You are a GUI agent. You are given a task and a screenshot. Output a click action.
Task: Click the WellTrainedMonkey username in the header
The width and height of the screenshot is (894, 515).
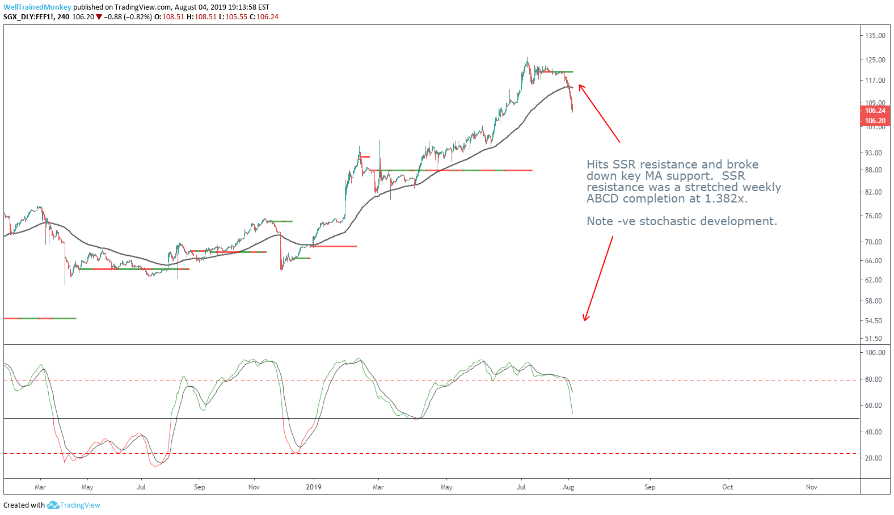[x=37, y=7]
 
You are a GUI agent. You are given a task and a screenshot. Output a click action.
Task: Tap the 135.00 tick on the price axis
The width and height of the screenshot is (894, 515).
[x=875, y=36]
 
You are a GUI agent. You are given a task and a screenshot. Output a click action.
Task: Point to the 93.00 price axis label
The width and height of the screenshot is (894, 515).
[x=874, y=153]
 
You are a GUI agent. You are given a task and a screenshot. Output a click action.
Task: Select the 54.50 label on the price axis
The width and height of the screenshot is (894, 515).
[x=874, y=321]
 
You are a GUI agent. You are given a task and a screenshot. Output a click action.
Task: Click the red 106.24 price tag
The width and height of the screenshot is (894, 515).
[x=875, y=111]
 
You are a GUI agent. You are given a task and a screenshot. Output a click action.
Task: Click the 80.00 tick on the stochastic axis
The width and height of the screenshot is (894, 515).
[x=874, y=379]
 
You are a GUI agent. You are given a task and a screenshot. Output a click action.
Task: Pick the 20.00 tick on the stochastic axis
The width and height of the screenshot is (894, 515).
[x=874, y=458]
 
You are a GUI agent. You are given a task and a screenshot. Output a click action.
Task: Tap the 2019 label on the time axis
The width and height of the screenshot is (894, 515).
[x=314, y=487]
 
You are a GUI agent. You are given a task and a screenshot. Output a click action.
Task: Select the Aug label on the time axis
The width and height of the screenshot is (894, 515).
[x=568, y=487]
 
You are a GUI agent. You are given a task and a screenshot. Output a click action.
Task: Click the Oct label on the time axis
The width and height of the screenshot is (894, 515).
[x=727, y=487]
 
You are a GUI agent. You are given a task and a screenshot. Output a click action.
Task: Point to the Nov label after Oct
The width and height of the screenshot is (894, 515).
[x=812, y=487]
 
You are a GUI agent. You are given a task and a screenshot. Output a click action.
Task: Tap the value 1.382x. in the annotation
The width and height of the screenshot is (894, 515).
[x=726, y=199]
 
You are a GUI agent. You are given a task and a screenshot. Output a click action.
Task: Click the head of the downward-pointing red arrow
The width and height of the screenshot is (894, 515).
[x=585, y=319]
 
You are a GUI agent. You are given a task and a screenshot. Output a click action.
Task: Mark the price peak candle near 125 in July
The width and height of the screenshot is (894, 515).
[x=527, y=59]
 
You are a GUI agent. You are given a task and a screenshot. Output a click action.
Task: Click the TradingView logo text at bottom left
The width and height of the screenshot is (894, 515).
[x=79, y=505]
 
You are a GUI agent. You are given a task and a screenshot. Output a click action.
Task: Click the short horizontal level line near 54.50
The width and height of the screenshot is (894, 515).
[x=40, y=319]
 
